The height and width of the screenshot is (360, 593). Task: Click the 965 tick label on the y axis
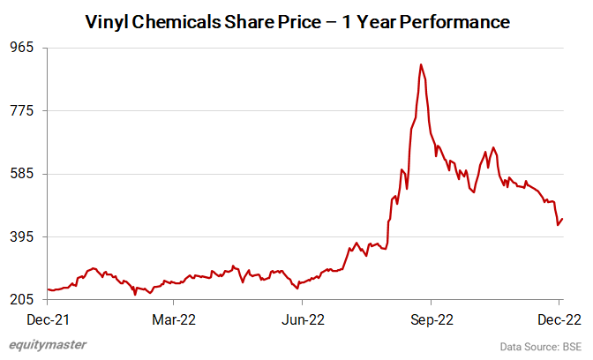click(20, 48)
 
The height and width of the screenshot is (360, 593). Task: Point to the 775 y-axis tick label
click(20, 110)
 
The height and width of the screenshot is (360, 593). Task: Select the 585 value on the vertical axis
click(20, 174)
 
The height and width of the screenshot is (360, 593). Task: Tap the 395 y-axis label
click(20, 236)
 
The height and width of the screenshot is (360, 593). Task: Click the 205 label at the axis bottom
click(20, 300)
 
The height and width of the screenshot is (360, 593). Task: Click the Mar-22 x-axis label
click(175, 319)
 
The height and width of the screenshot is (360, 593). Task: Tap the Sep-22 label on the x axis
click(432, 319)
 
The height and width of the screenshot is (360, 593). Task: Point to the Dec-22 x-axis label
click(560, 319)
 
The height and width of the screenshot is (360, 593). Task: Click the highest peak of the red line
click(421, 64)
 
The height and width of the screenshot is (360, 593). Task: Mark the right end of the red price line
click(562, 219)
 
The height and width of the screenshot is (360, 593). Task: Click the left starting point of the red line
click(48, 289)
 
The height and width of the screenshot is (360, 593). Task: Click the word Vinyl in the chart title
click(106, 20)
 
